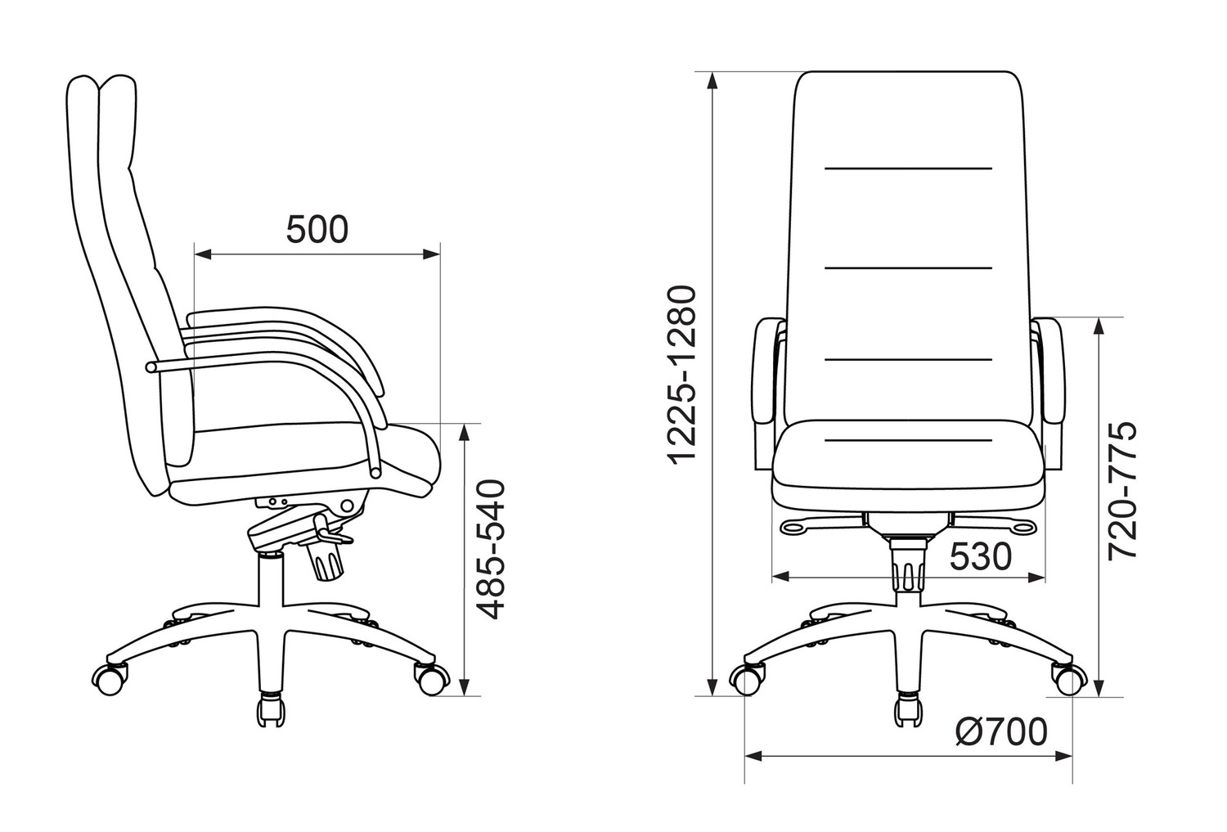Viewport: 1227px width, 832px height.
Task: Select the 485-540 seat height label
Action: pos(489,550)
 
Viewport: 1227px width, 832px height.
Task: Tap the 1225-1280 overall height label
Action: pos(683,376)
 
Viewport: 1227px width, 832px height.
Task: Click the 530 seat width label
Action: pos(980,557)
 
